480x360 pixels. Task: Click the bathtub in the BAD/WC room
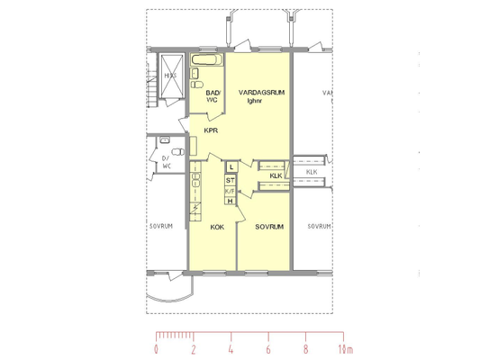click(207, 59)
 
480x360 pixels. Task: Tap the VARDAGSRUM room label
click(262, 93)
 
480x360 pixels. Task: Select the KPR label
click(211, 130)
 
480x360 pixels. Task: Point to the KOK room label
click(217, 227)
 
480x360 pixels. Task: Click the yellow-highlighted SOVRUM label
click(269, 227)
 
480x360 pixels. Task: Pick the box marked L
click(231, 167)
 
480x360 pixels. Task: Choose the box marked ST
click(231, 181)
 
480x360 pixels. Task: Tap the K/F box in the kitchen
click(231, 191)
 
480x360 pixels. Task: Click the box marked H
click(231, 201)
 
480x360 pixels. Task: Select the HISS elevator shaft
click(171, 76)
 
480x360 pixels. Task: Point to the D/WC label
click(167, 162)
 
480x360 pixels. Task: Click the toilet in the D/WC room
click(178, 152)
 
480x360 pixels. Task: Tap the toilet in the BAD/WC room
click(197, 85)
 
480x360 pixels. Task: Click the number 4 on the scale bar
click(231, 349)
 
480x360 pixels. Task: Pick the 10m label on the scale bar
click(346, 349)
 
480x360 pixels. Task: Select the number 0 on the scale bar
click(156, 349)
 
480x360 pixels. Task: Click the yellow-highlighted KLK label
click(276, 175)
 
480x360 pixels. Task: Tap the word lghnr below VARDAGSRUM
click(254, 101)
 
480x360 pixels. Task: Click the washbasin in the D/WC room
click(165, 139)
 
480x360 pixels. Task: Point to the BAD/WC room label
click(213, 96)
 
